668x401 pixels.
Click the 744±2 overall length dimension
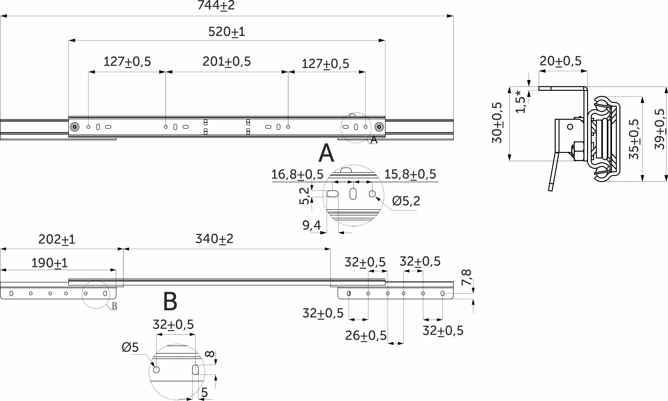(x=216, y=5)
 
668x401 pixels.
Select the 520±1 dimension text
(x=227, y=32)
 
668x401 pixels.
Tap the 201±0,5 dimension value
(x=227, y=62)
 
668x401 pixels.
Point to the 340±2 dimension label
(x=214, y=239)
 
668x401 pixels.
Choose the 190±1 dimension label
(x=49, y=263)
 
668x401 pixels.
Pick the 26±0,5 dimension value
(x=366, y=336)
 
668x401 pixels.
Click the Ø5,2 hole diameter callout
(x=406, y=201)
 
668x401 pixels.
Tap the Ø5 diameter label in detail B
(x=130, y=347)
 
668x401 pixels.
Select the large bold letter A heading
(x=326, y=153)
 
